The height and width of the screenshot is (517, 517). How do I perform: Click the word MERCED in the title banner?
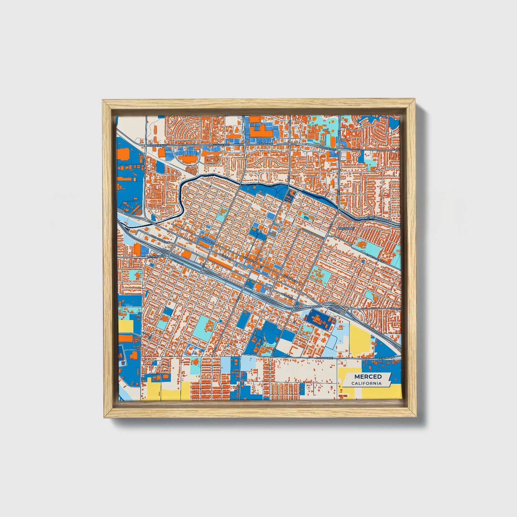pyautogui.click(x=368, y=377)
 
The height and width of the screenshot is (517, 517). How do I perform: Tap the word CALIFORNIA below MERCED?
pyautogui.click(x=366, y=384)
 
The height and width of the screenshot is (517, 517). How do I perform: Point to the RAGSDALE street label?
pyautogui.click(x=347, y=228)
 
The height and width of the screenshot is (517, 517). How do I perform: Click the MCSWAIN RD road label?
pyautogui.click(x=156, y=257)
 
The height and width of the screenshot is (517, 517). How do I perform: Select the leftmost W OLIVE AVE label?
pyautogui.click(x=158, y=146)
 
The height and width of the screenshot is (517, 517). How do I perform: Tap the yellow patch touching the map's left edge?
pyautogui.click(x=126, y=326)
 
